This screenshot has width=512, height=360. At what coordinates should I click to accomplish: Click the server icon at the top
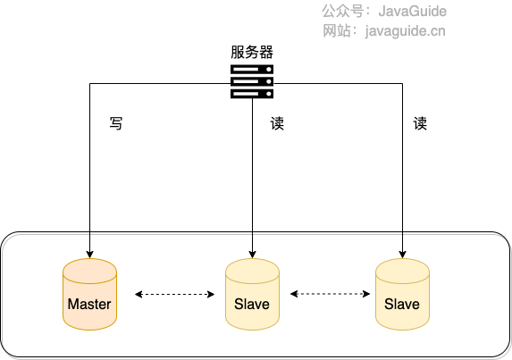point(252,81)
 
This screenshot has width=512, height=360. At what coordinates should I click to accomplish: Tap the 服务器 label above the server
point(252,52)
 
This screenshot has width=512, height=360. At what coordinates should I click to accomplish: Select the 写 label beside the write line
point(116,123)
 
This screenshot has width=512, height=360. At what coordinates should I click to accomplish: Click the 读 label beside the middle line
point(277,123)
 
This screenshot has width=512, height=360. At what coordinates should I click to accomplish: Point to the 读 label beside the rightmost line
point(420,123)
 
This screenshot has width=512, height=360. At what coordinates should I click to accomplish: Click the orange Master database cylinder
point(89,295)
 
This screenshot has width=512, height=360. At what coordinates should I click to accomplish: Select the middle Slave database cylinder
point(252,295)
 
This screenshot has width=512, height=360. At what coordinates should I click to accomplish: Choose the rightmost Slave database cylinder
point(402,295)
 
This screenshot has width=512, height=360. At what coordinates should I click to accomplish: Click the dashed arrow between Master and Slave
point(174,294)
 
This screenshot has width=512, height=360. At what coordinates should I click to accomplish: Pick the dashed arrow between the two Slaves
point(330,294)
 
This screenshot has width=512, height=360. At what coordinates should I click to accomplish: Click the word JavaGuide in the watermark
point(412,12)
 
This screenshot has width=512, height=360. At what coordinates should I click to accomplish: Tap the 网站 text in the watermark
point(337,31)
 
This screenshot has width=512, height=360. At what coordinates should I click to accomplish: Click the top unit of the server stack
point(252,70)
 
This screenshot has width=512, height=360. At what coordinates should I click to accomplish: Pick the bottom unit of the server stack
point(252,92)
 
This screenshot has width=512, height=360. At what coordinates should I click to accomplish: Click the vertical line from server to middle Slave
point(252,179)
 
